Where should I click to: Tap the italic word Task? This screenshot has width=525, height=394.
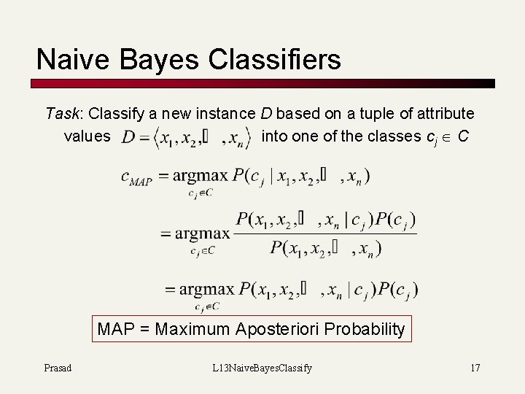[x=62, y=114]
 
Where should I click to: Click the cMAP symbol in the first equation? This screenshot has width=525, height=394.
[x=136, y=178]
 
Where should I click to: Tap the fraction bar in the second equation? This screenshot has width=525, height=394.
[x=325, y=233]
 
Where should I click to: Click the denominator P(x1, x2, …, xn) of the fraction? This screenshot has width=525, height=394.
[x=325, y=248]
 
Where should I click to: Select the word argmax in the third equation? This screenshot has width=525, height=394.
[x=208, y=289]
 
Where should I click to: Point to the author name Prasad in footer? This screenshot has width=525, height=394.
[x=58, y=368]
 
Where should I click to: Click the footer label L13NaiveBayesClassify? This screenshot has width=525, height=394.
[x=262, y=368]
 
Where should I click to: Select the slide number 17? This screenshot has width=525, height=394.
[x=475, y=368]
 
